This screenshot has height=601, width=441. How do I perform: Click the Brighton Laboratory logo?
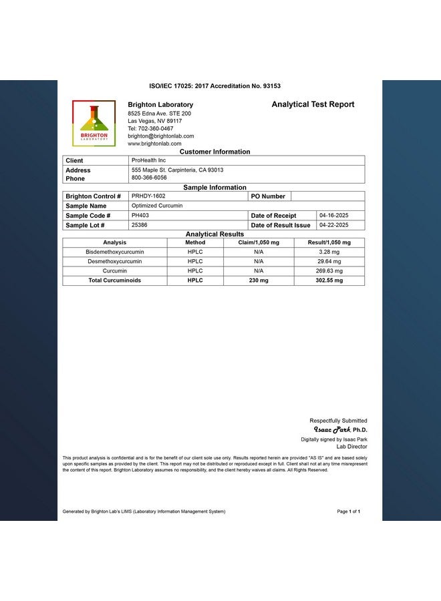click(94, 123)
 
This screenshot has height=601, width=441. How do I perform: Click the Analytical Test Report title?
click(313, 104)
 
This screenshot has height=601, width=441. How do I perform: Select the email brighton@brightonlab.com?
click(161, 136)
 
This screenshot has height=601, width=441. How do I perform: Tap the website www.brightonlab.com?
click(154, 144)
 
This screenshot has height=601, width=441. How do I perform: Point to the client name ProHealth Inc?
click(148, 160)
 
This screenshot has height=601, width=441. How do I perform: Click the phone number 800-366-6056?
click(149, 178)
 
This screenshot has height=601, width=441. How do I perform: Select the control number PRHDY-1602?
click(148, 196)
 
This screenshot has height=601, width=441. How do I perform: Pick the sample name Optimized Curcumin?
click(156, 206)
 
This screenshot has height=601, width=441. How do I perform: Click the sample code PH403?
click(140, 216)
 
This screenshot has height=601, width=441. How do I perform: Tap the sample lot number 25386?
click(140, 225)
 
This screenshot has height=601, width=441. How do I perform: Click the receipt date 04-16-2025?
click(334, 216)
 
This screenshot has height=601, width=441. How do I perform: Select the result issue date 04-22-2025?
click(334, 225)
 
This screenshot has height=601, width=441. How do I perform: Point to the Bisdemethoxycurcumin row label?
click(115, 252)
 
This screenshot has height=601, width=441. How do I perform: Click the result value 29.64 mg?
click(329, 261)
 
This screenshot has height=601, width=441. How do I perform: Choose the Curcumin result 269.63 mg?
click(329, 271)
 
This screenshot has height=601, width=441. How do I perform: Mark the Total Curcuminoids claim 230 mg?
click(259, 280)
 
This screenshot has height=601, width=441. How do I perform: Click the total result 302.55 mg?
click(329, 280)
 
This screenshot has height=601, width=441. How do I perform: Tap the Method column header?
click(195, 242)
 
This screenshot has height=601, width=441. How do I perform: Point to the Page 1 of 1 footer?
click(349, 512)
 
